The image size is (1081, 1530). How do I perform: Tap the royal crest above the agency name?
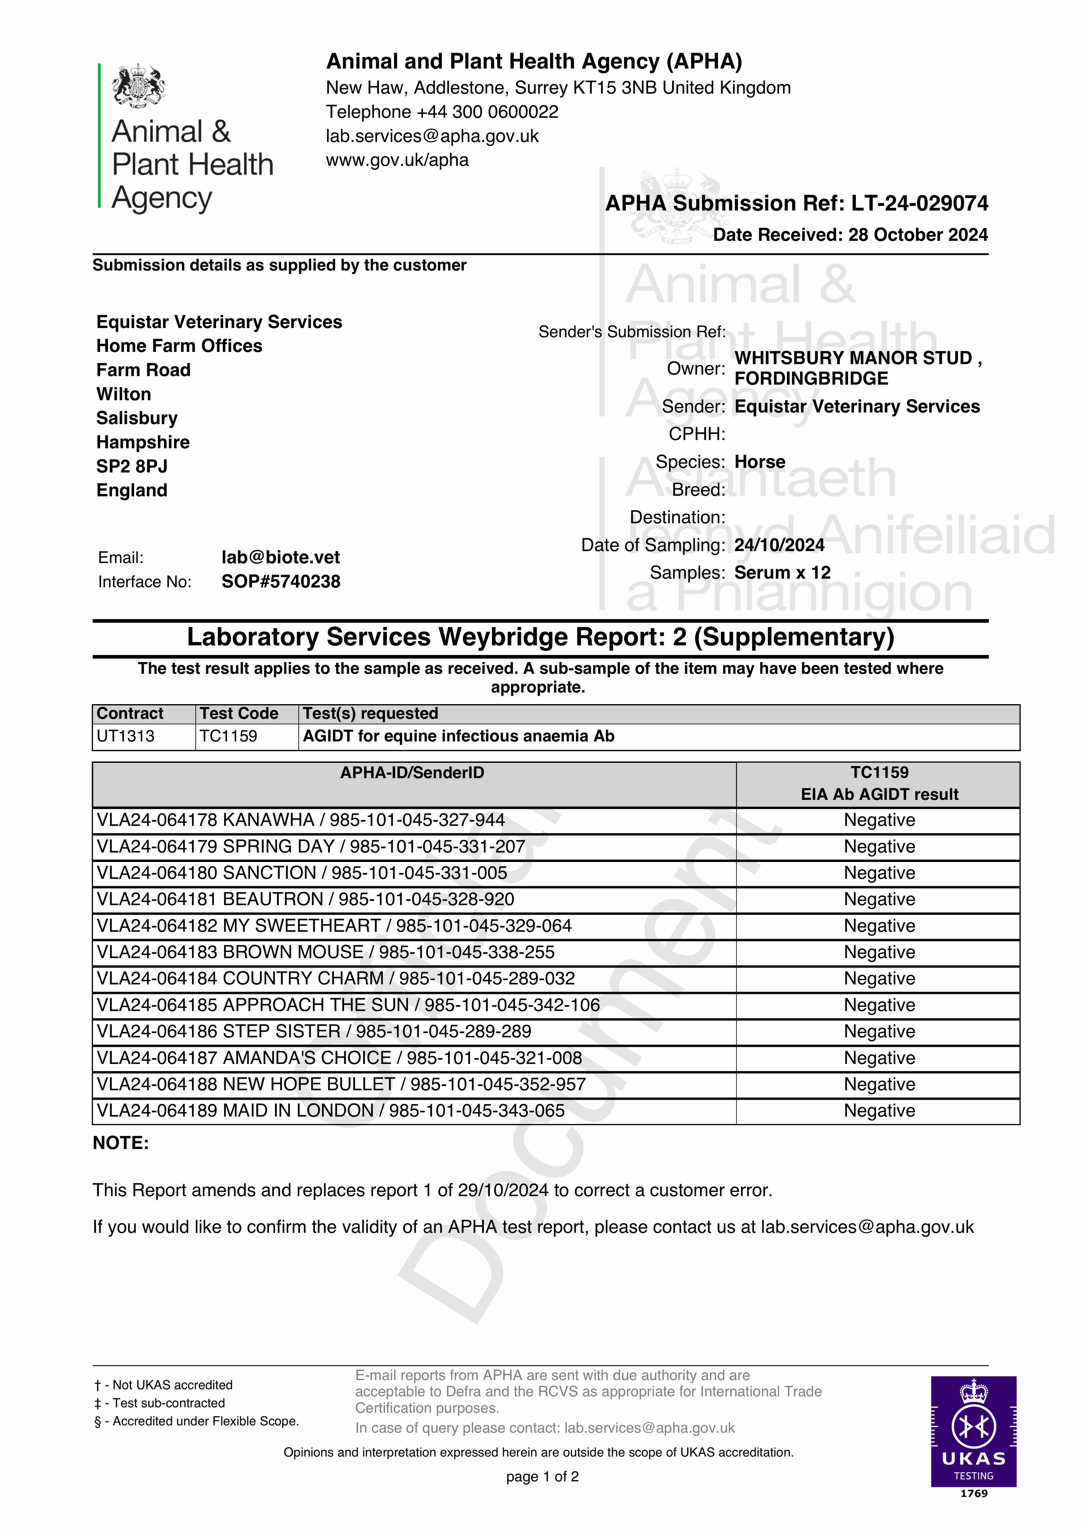139,85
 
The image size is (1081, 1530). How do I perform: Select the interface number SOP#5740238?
281,582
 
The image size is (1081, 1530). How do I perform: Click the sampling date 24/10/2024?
779,545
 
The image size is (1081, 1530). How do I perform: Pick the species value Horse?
760,462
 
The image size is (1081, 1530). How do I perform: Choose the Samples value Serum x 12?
782,573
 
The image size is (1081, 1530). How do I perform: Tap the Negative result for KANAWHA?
879,820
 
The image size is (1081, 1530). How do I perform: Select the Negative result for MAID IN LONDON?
879,1111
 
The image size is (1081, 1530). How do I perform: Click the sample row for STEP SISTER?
314,1032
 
